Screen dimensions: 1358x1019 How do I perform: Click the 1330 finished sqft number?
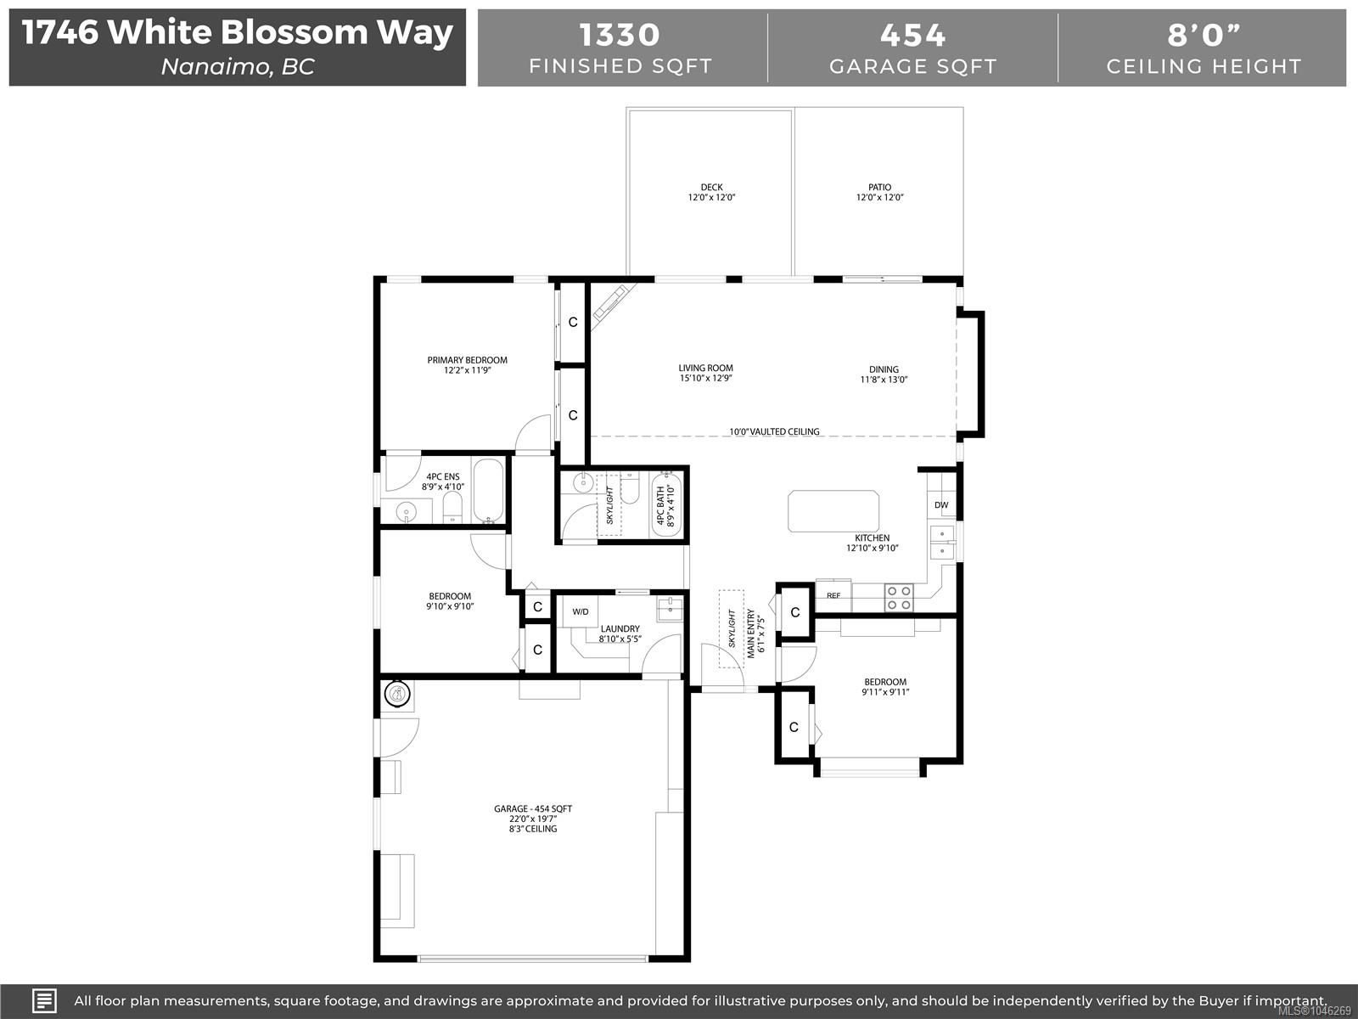point(620,35)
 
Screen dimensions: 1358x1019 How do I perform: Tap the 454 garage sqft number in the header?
point(912,35)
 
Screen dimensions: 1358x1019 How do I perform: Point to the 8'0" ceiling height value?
point(1204,35)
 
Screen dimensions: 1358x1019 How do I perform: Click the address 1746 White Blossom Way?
point(238,32)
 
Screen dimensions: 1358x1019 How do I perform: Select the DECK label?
point(711,187)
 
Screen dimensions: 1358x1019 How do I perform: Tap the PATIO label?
point(880,187)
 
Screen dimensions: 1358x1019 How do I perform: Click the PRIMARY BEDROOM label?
point(467,360)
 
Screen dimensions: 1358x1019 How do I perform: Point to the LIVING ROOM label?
point(705,369)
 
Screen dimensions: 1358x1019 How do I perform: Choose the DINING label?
point(884,369)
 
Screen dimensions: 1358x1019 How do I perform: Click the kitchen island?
point(833,511)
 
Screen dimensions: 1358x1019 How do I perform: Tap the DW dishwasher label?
point(941,505)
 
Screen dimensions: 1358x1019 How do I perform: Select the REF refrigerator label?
point(833,596)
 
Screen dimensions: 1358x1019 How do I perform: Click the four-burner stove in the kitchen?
point(898,598)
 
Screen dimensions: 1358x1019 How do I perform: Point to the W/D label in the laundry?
point(581,612)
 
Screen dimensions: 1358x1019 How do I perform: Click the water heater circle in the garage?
point(397,694)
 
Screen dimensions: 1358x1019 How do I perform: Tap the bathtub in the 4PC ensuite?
point(489,491)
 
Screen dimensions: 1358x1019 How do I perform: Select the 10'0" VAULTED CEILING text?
point(774,431)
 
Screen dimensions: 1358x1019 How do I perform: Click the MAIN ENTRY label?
point(750,633)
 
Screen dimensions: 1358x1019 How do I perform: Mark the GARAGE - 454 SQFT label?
point(533,808)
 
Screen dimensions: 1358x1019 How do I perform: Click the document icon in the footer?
point(44,1000)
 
